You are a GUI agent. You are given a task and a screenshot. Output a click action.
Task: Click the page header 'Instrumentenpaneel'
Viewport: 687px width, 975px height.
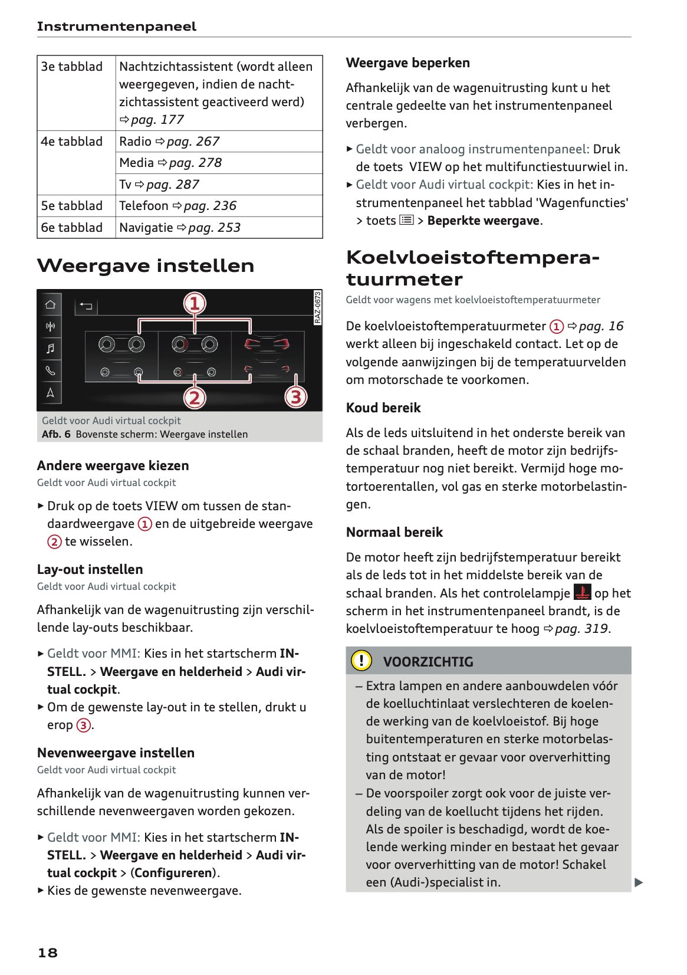click(x=116, y=27)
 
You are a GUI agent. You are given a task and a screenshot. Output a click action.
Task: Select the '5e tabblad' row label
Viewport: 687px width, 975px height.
click(x=71, y=206)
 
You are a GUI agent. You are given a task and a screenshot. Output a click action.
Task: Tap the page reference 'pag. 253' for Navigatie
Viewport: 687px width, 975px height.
click(x=214, y=228)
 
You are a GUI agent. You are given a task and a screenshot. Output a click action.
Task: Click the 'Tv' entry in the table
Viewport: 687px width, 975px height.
click(x=125, y=185)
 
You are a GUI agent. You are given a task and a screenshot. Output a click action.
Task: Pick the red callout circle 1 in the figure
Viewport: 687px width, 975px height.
click(x=195, y=303)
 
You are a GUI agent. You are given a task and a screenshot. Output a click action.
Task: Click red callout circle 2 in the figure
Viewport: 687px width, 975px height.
click(x=195, y=398)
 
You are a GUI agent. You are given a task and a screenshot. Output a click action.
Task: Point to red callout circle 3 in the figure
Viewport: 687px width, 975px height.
click(x=296, y=397)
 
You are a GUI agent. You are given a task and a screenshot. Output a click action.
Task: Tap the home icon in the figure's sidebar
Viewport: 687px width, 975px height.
click(x=51, y=304)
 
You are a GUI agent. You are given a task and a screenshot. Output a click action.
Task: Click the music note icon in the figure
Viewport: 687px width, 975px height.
click(x=51, y=348)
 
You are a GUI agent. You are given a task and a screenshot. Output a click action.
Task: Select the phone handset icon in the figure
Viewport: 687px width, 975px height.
click(x=51, y=370)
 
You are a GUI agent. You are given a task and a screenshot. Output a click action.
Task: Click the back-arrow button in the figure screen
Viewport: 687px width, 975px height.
click(x=86, y=306)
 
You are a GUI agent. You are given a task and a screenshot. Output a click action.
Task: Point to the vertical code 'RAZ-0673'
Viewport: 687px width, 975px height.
click(x=317, y=307)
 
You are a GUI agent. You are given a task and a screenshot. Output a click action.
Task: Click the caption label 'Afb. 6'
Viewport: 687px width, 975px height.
click(x=56, y=434)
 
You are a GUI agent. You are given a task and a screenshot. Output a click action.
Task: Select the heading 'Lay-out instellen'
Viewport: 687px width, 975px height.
click(x=90, y=569)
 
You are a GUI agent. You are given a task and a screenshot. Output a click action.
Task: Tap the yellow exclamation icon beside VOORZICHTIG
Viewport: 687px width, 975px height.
click(x=361, y=661)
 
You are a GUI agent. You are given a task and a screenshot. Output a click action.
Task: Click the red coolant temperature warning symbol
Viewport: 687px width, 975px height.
click(x=582, y=592)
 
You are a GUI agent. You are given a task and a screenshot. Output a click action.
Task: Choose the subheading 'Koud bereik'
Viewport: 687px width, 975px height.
click(x=383, y=408)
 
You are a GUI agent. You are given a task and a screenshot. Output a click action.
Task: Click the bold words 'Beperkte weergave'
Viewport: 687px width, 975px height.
click(x=483, y=221)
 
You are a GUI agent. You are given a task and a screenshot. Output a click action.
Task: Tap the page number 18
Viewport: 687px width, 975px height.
click(x=48, y=953)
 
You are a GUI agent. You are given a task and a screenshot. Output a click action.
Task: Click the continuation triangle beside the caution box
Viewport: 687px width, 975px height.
click(x=638, y=882)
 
